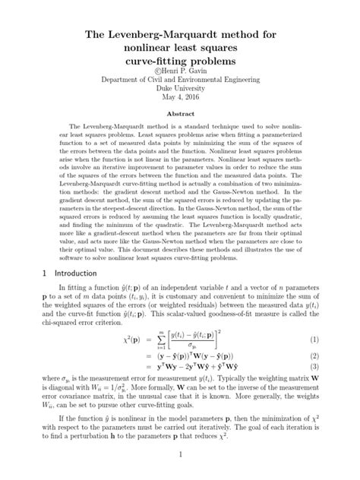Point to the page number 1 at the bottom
click(179, 455)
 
